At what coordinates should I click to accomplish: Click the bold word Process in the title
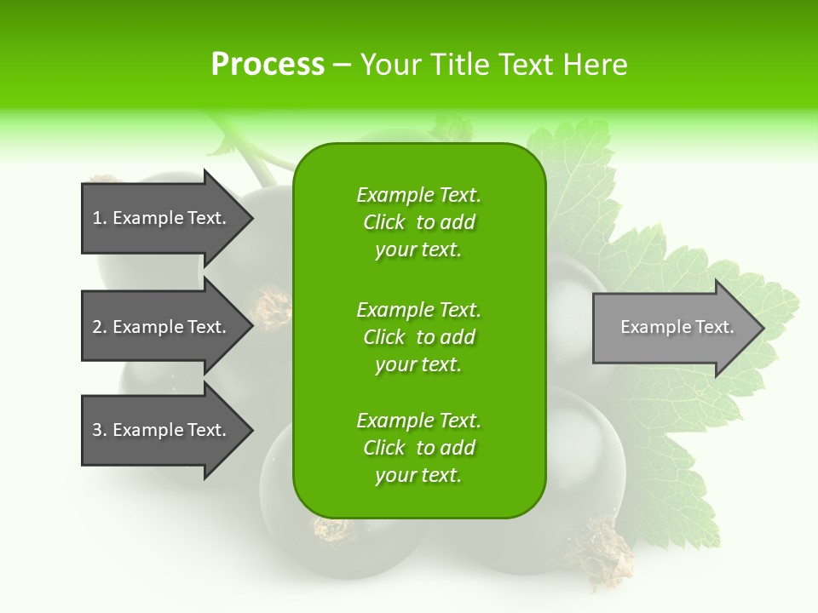click(x=268, y=65)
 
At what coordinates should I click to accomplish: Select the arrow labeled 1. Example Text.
click(x=162, y=218)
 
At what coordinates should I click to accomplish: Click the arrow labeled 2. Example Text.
click(x=162, y=327)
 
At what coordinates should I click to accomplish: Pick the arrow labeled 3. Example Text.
click(x=162, y=430)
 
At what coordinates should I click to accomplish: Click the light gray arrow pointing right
click(x=673, y=328)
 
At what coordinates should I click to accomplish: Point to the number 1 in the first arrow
click(x=97, y=218)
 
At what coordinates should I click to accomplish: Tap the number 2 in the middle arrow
click(x=97, y=327)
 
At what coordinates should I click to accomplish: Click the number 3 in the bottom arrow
click(x=97, y=430)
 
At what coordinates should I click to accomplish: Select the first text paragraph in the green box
click(x=418, y=222)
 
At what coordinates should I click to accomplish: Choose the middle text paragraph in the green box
click(x=418, y=337)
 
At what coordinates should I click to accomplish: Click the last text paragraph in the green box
click(x=418, y=448)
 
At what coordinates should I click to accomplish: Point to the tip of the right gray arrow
click(x=762, y=328)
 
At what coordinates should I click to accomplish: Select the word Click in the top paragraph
click(x=383, y=222)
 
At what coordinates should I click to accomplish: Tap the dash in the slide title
click(x=342, y=65)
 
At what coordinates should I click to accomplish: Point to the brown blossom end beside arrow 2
click(x=271, y=306)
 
